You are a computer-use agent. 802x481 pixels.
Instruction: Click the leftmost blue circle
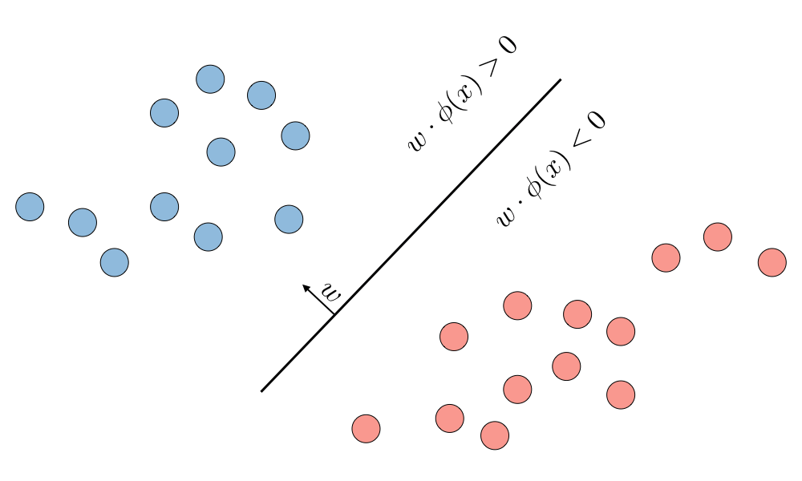(x=30, y=207)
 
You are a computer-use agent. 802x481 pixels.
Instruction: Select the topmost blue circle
(x=210, y=79)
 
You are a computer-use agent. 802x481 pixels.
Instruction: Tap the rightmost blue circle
(x=295, y=135)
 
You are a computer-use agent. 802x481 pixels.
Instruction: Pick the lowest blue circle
(x=115, y=262)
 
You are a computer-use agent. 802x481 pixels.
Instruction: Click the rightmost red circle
(x=772, y=262)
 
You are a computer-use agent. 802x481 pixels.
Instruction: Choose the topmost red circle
(x=718, y=236)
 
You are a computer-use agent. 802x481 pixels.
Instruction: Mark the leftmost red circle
(x=366, y=428)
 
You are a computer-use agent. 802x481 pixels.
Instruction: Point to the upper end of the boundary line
(x=560, y=80)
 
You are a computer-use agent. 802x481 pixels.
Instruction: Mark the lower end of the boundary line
(x=262, y=391)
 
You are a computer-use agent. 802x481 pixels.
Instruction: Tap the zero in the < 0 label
(x=596, y=120)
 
